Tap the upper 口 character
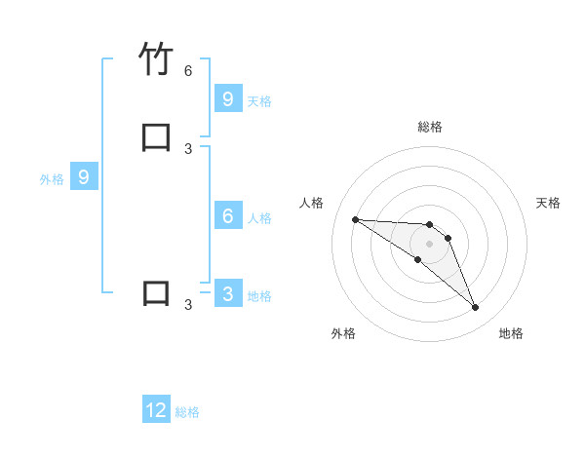pos(156,136)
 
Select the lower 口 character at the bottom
pos(156,293)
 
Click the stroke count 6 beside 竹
pos(188,71)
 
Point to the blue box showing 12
pos(156,410)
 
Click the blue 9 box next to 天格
pos(227,98)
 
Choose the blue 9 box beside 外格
pos(84,177)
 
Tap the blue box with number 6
pos(227,216)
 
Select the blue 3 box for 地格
pos(227,293)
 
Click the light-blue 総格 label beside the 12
pos(187,412)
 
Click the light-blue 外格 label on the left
pos(52,179)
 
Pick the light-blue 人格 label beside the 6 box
pos(259,218)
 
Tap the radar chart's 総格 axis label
pos(430,127)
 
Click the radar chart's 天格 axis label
pos(548,203)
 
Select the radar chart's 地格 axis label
pos(511,333)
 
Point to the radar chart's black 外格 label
pos(343,333)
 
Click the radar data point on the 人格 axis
pos(355,219)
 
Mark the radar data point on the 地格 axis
pos(476,308)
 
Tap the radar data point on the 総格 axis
pos(429,225)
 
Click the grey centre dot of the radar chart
pos(429,244)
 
